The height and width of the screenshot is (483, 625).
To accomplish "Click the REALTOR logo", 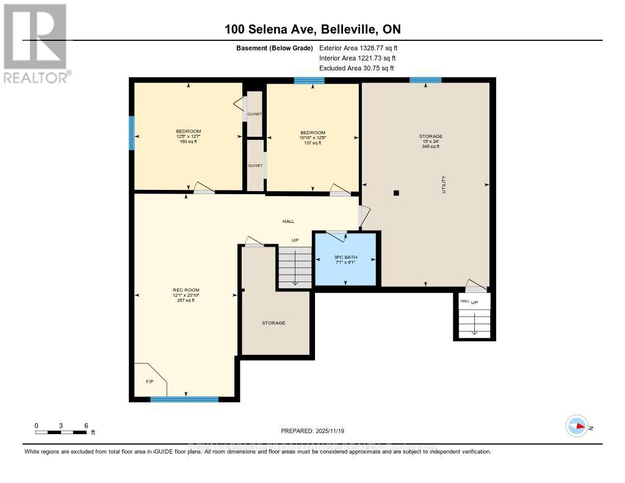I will click(x=36, y=42).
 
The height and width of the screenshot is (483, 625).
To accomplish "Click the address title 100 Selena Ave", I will click(x=312, y=29).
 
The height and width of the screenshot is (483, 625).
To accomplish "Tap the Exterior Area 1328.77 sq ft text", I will click(x=358, y=48).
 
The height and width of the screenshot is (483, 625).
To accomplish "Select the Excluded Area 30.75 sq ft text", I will click(x=356, y=68).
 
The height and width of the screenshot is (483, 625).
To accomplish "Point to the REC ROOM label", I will click(x=186, y=290).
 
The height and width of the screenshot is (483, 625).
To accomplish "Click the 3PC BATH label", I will click(x=345, y=258).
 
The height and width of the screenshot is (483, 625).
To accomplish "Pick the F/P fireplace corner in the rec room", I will click(x=148, y=380).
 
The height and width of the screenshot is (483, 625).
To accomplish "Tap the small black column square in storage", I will click(x=396, y=193).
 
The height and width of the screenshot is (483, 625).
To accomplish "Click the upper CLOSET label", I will click(x=255, y=114).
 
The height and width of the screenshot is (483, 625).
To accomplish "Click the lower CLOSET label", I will click(x=255, y=165).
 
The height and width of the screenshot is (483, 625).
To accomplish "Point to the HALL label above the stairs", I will click(x=288, y=221).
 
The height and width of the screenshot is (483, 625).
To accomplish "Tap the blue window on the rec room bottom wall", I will click(x=184, y=399).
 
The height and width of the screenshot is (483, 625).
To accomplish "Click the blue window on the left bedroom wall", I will click(x=131, y=133).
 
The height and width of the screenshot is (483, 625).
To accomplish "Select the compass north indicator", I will click(x=576, y=426).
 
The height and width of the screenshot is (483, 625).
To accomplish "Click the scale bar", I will click(x=61, y=432).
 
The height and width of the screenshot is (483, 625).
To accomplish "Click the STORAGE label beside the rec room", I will click(x=273, y=323).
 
